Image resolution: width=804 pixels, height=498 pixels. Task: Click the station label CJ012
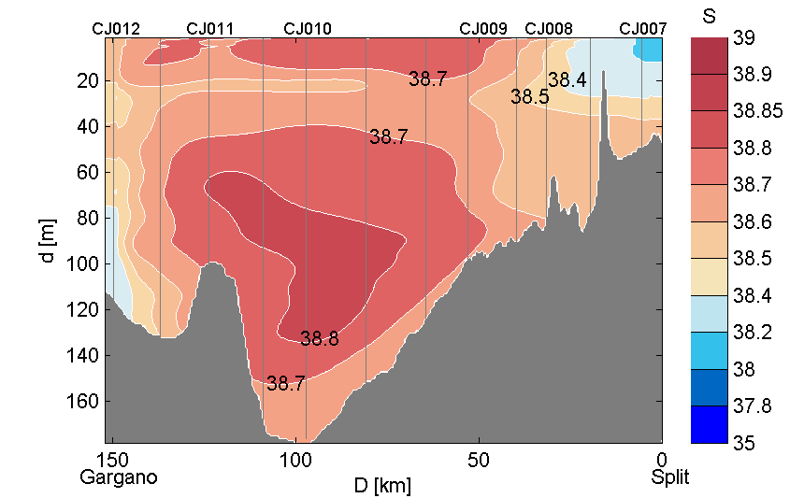pyautogui.click(x=116, y=29)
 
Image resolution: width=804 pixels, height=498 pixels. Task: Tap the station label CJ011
pyautogui.click(x=210, y=29)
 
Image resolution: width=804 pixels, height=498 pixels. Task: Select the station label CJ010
pyautogui.click(x=307, y=29)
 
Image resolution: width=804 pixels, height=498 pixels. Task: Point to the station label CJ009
pyautogui.click(x=483, y=29)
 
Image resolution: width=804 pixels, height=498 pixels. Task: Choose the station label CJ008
pyautogui.click(x=549, y=29)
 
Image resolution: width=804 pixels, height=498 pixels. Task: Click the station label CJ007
pyautogui.click(x=643, y=29)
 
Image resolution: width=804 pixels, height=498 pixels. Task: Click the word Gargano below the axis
pyautogui.click(x=118, y=477)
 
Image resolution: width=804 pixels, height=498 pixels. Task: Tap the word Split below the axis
pyautogui.click(x=670, y=477)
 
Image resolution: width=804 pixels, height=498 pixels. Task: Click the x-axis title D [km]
pyautogui.click(x=381, y=486)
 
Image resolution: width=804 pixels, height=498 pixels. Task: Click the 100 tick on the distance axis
pyautogui.click(x=295, y=460)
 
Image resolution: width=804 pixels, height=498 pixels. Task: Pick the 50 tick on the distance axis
pyautogui.click(x=479, y=460)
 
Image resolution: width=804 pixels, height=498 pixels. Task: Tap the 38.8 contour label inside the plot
pyautogui.click(x=319, y=339)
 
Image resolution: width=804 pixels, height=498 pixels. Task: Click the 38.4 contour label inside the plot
pyautogui.click(x=567, y=80)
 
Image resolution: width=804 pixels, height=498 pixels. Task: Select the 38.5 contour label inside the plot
pyautogui.click(x=529, y=96)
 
